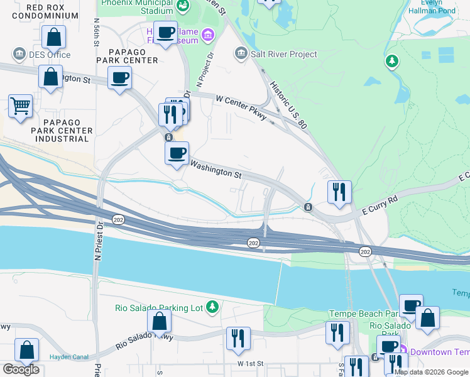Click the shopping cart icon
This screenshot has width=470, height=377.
(x=21, y=106)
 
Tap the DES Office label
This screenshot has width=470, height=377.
(x=49, y=54)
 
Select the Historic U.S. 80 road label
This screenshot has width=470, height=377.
(x=287, y=104)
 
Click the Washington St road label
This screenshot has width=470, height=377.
(x=216, y=169)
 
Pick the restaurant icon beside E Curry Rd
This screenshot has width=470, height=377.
(x=339, y=192)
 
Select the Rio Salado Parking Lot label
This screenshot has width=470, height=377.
(x=158, y=307)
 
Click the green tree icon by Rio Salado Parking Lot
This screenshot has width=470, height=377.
(x=213, y=307)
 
